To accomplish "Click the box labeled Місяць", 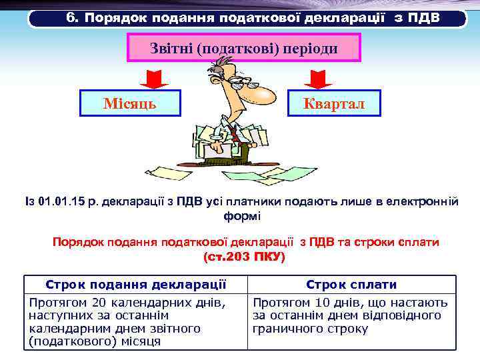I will click(x=130, y=103).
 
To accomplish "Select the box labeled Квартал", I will click(x=333, y=103).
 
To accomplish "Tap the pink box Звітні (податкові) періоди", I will click(x=243, y=49).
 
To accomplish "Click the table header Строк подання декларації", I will click(x=135, y=285).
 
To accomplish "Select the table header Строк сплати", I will click(x=351, y=285).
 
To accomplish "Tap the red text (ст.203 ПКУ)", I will click(x=243, y=257).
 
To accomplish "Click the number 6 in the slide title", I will click(x=71, y=17).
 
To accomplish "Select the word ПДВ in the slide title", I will click(x=422, y=17).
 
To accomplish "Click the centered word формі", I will click(x=243, y=216).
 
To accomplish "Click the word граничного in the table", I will click(x=283, y=329).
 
